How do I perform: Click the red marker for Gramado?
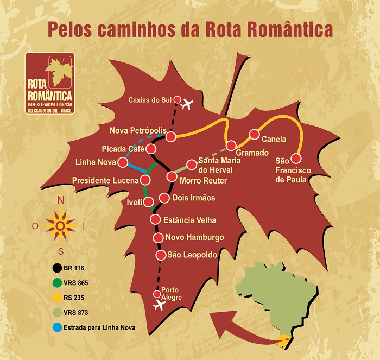[x=232, y=146]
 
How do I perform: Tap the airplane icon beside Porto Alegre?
[x=159, y=305]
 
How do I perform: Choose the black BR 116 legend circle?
[x=56, y=268]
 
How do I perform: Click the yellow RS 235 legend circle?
[x=56, y=298]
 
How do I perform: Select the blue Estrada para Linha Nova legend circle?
[x=56, y=327]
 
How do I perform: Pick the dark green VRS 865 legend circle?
[x=56, y=283]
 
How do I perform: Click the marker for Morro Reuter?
[x=172, y=176]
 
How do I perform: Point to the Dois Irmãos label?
[x=193, y=198]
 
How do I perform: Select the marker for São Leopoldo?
[x=161, y=255]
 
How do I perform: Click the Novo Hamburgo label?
[x=194, y=237]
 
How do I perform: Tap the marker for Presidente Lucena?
[x=145, y=180]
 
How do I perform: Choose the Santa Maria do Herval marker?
[x=191, y=165]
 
